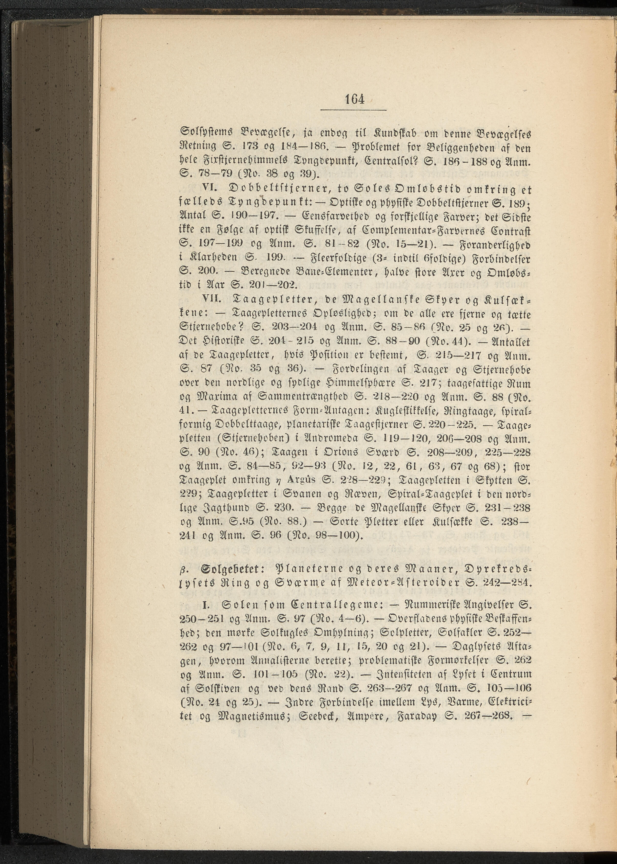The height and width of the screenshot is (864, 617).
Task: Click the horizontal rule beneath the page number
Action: click(x=353, y=111)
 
